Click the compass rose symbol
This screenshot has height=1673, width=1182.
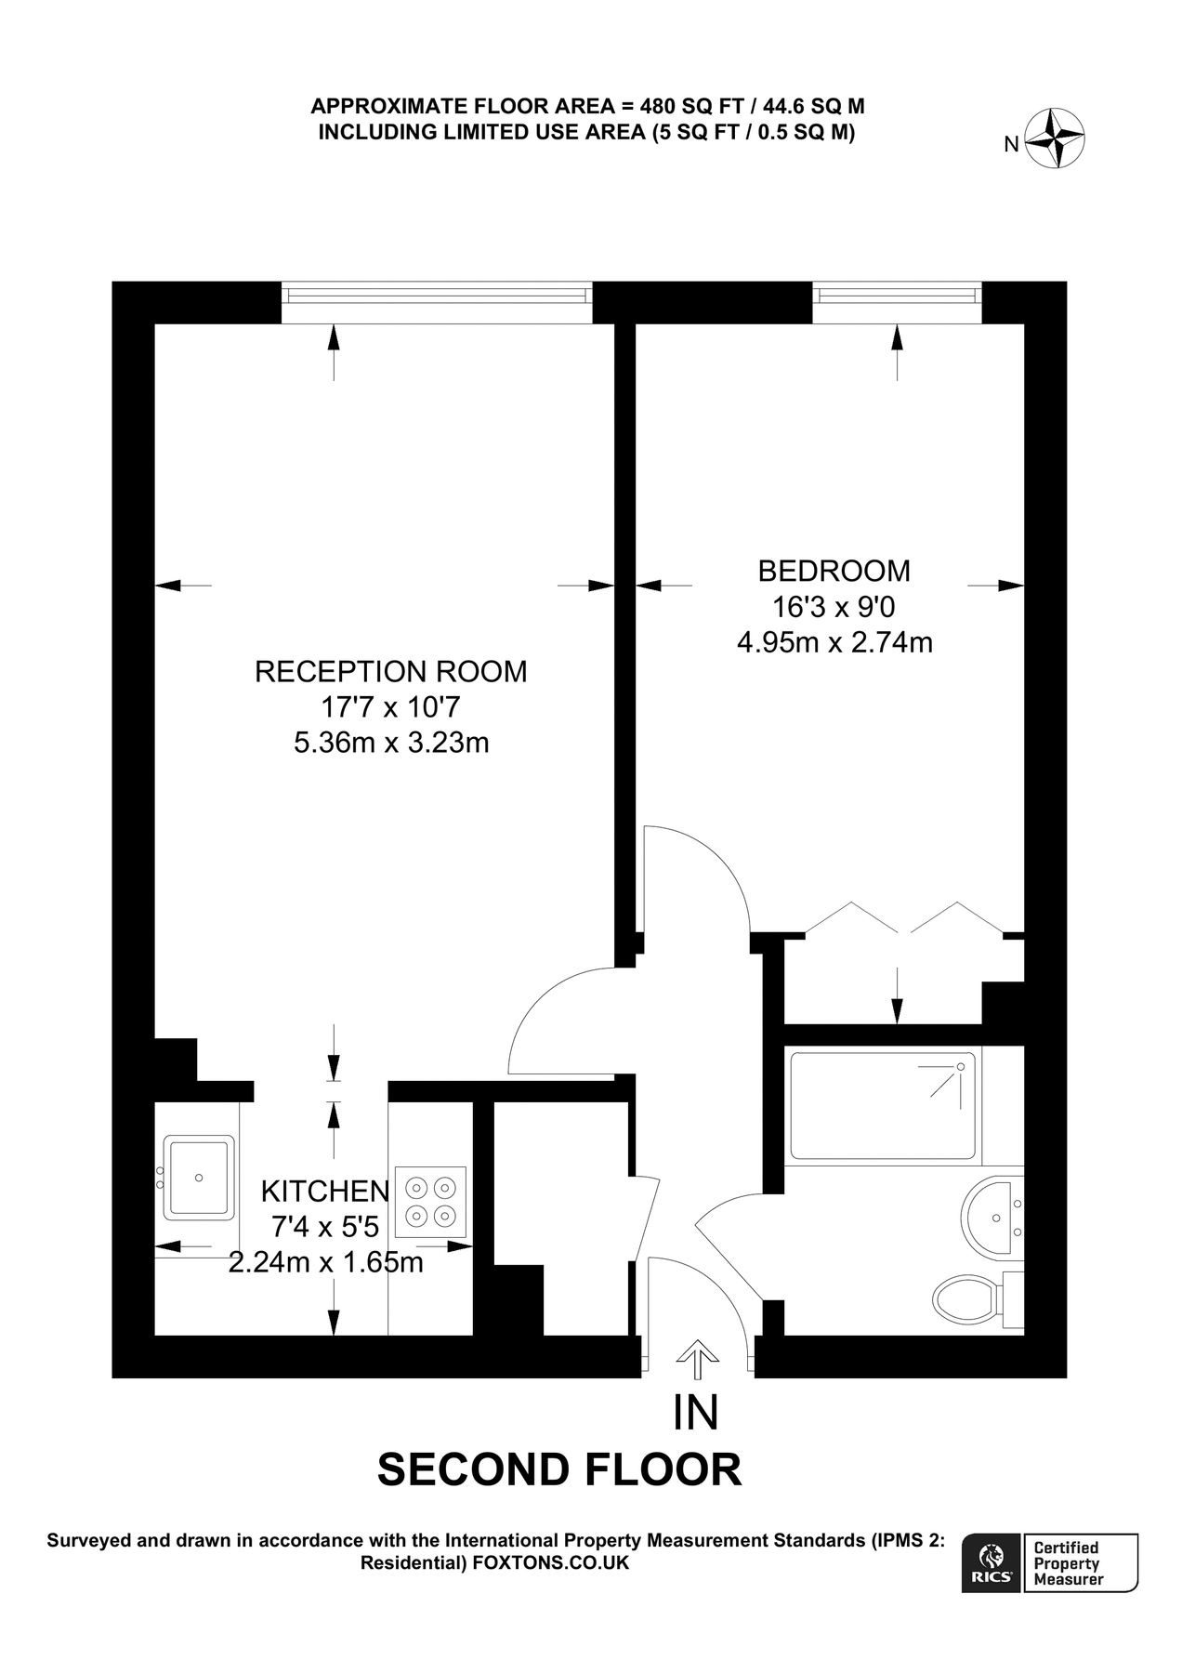pyautogui.click(x=1057, y=138)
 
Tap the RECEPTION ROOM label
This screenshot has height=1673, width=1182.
pyautogui.click(x=390, y=671)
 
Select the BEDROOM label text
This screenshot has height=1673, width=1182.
pyautogui.click(x=834, y=570)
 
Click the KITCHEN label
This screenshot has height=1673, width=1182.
pyautogui.click(x=324, y=1191)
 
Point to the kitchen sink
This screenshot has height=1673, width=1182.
pyautogui.click(x=198, y=1177)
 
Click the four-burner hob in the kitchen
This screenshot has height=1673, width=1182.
pyautogui.click(x=430, y=1201)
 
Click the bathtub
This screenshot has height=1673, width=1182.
pyautogui.click(x=882, y=1105)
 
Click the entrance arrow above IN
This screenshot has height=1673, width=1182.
pyautogui.click(x=696, y=1362)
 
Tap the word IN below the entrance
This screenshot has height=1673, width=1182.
pyautogui.click(x=696, y=1413)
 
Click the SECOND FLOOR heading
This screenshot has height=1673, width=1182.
pyautogui.click(x=559, y=1470)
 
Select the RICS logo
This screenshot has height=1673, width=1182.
pyautogui.click(x=991, y=1562)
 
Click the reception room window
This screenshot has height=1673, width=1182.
pyautogui.click(x=437, y=296)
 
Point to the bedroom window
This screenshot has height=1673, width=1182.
pyautogui.click(x=897, y=296)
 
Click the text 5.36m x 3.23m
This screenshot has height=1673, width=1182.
pyautogui.click(x=390, y=744)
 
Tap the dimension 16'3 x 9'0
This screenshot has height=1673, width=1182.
pyautogui.click(x=834, y=607)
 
